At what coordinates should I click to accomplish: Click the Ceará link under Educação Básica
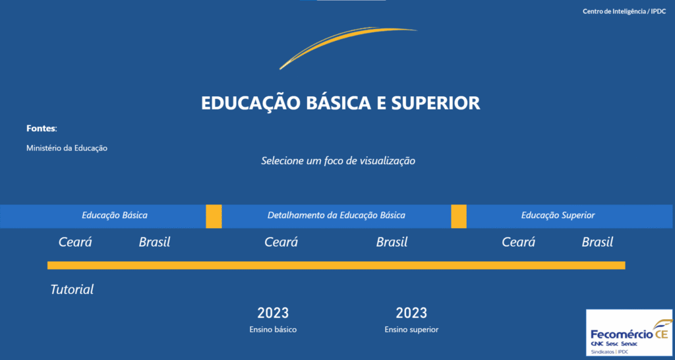tap(75, 242)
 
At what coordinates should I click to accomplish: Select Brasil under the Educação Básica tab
tap(154, 242)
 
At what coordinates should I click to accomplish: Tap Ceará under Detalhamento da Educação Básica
tap(281, 242)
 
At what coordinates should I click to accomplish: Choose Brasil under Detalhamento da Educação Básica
tap(392, 242)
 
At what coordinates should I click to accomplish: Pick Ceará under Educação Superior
tap(518, 242)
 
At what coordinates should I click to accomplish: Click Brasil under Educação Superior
tap(597, 242)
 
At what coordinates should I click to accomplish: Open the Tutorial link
tap(72, 289)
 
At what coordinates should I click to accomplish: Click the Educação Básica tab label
tap(115, 216)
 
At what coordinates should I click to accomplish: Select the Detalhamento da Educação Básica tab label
tap(336, 216)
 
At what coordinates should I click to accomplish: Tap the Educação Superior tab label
tap(558, 216)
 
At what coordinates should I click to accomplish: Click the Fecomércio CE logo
tap(629, 332)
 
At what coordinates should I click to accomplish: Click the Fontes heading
tap(42, 129)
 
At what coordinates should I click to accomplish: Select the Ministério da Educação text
tap(67, 148)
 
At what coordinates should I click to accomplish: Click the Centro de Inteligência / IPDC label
tap(624, 12)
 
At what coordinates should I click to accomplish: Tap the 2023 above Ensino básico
tap(273, 313)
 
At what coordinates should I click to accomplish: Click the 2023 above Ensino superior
tap(411, 313)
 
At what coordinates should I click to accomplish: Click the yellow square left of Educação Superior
tap(459, 216)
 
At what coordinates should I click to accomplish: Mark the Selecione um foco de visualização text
tap(338, 161)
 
